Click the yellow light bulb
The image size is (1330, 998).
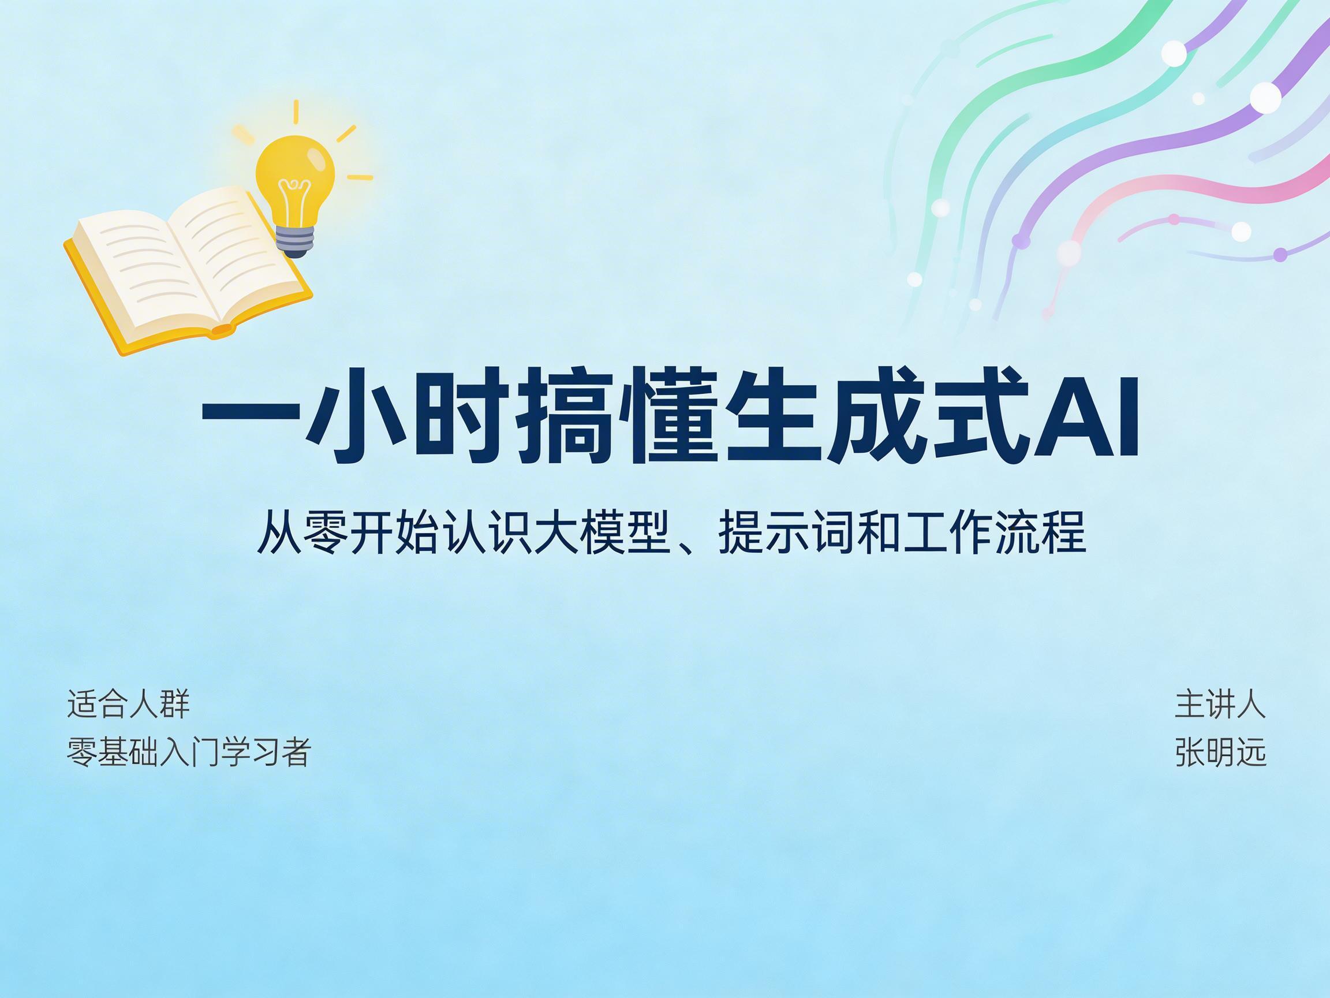(295, 174)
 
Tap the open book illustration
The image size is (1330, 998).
(186, 271)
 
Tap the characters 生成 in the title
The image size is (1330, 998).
(836, 419)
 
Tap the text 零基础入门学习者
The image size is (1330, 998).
(189, 752)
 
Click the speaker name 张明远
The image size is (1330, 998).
(1220, 752)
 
